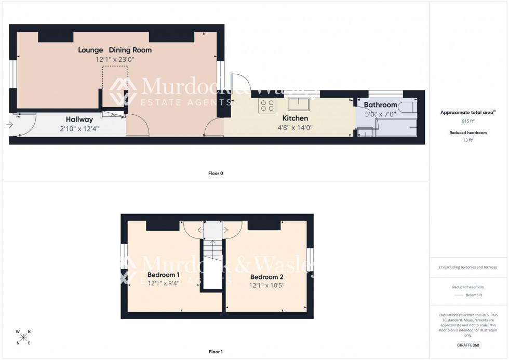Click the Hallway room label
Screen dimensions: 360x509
(79, 119)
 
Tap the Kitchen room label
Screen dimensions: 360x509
(295, 118)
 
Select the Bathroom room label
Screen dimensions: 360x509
(380, 105)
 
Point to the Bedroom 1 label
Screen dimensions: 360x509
(164, 275)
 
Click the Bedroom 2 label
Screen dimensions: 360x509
(266, 277)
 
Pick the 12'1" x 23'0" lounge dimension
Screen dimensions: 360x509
(115, 59)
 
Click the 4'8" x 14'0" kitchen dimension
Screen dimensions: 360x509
(295, 127)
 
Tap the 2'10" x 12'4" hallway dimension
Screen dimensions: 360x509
(79, 128)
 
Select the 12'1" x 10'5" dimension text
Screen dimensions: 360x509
(266, 285)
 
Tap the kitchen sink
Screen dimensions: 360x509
(299, 104)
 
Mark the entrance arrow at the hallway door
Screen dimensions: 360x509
(10, 125)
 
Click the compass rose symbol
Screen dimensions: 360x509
(23, 337)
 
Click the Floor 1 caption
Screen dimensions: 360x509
(216, 352)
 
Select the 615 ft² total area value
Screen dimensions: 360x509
(468, 121)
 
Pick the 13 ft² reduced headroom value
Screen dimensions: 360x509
(468, 140)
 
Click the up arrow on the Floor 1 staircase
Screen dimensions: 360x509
(212, 243)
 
